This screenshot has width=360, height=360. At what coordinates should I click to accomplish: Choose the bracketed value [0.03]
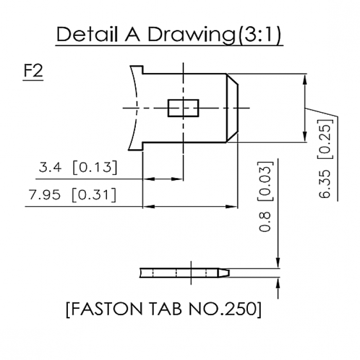pos(265,180)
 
